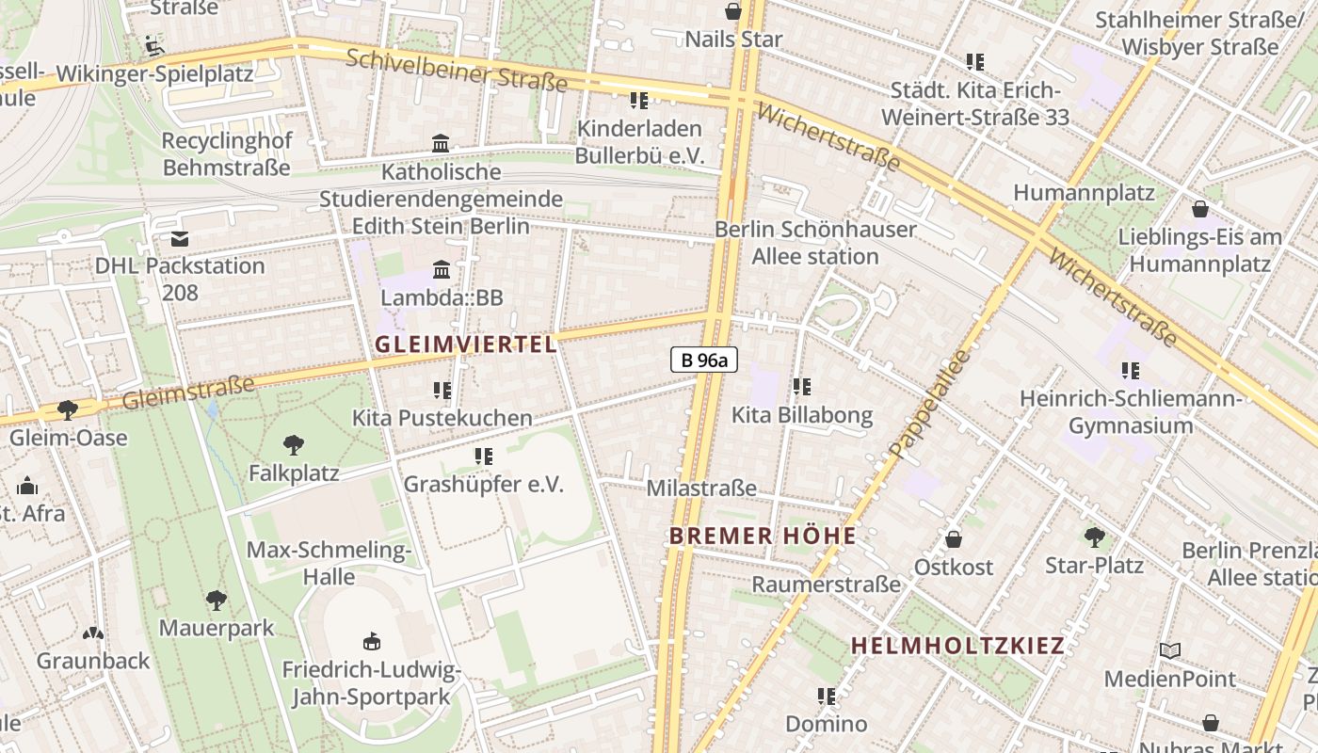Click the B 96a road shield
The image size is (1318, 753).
click(x=703, y=359)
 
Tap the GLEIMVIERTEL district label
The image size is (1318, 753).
click(x=467, y=344)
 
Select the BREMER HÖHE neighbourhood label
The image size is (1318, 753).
click(x=763, y=537)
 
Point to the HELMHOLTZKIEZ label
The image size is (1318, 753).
click(x=957, y=646)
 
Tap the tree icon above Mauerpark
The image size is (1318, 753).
click(x=217, y=601)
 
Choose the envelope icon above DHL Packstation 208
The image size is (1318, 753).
click(x=180, y=239)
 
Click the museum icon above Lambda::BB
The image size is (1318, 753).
click(x=442, y=270)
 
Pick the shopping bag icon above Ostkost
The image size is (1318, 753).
click(x=954, y=539)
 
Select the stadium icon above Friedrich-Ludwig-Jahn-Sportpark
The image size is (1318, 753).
click(x=372, y=642)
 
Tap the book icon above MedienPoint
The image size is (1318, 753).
click(x=1170, y=650)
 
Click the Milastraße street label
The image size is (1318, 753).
click(x=701, y=489)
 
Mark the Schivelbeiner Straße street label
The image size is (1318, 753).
click(x=457, y=71)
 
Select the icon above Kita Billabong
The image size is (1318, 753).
click(x=802, y=387)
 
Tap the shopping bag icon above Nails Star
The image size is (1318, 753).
click(x=733, y=11)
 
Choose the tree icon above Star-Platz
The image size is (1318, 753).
click(x=1094, y=537)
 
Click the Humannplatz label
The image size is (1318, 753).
click(x=1084, y=193)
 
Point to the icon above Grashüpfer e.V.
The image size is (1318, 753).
click(x=484, y=457)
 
